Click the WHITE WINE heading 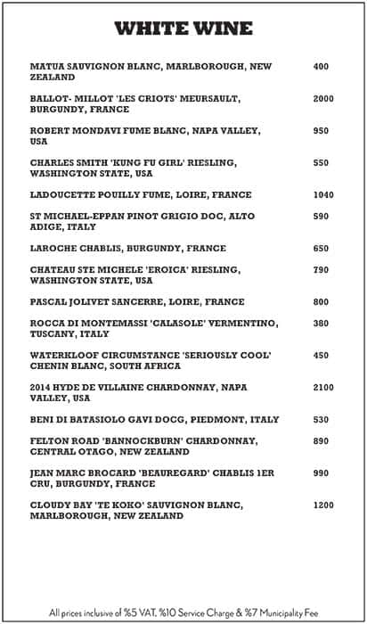click(x=183, y=29)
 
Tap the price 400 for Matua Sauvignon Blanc click(x=322, y=67)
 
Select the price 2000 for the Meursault click(x=323, y=99)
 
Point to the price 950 click(x=322, y=131)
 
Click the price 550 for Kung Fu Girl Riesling click(x=322, y=163)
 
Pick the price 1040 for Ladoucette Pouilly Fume click(x=323, y=195)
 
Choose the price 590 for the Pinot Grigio click(x=322, y=217)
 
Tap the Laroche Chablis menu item click(x=128, y=249)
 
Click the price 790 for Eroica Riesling click(x=322, y=270)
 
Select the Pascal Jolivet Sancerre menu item click(x=137, y=302)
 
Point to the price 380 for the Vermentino click(x=322, y=324)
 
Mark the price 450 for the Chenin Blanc click(x=322, y=356)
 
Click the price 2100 click(x=323, y=388)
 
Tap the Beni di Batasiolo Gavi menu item click(x=154, y=420)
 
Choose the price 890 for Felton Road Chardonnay click(x=322, y=441)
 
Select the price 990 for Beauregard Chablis click(x=322, y=473)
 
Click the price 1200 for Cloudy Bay click(x=323, y=505)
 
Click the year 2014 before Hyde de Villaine click(x=41, y=388)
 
